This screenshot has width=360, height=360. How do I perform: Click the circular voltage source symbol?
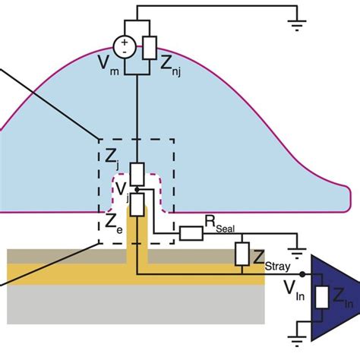[123, 47]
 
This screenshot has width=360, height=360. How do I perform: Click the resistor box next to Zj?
[136, 174]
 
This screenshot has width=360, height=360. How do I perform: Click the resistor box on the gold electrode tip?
[136, 204]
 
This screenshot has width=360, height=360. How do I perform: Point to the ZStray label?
[271, 258]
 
